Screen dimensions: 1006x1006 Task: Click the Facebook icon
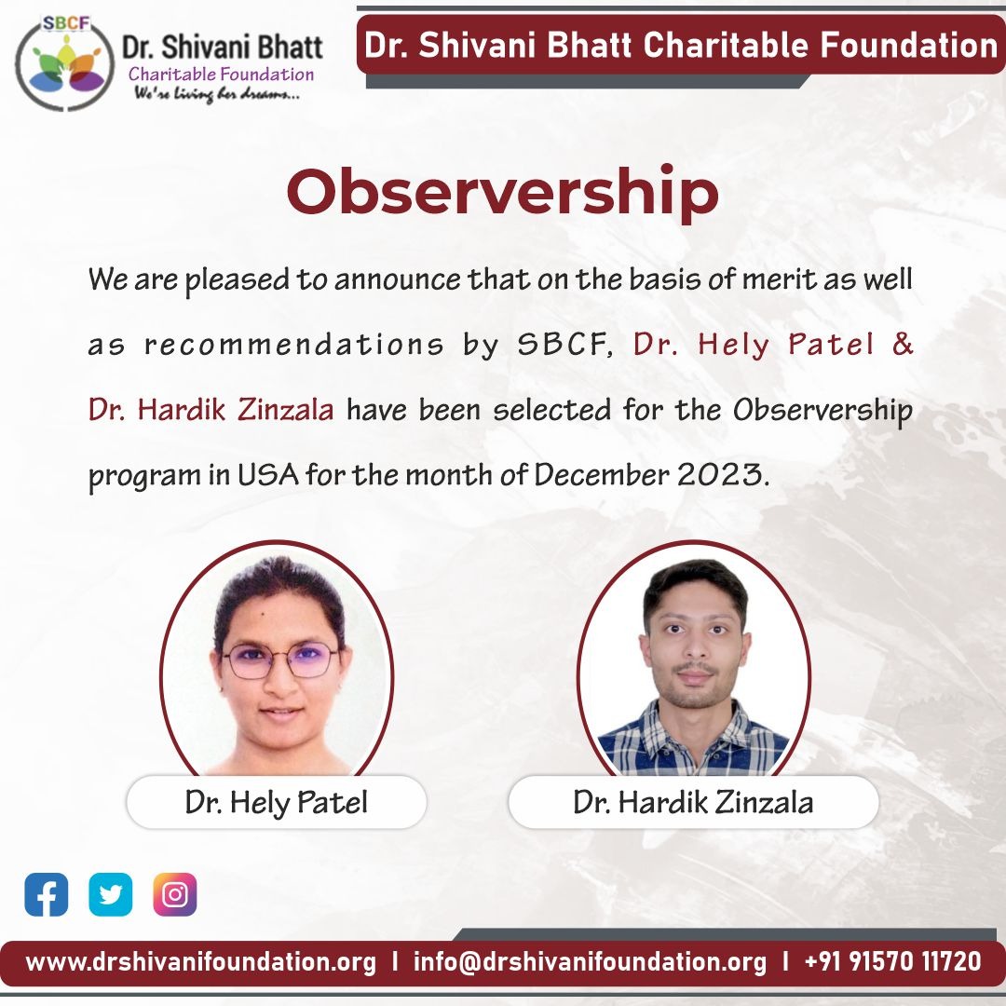47,894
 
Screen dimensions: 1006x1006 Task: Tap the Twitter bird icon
110,894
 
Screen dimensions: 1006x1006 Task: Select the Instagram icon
174,894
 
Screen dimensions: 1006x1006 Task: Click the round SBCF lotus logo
64,63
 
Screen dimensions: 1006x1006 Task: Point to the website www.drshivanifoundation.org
201,961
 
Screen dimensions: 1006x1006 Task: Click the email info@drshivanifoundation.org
590,961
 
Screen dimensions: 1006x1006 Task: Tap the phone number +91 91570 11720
892,961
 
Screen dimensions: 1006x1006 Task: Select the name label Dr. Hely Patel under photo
277,802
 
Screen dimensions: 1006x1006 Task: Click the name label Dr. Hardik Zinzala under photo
694,802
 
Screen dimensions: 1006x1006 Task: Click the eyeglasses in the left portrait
280,660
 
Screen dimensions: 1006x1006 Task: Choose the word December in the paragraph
601,475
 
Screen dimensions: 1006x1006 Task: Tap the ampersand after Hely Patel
903,344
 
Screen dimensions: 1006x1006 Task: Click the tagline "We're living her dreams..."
217,94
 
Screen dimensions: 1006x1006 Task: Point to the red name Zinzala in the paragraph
286,410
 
